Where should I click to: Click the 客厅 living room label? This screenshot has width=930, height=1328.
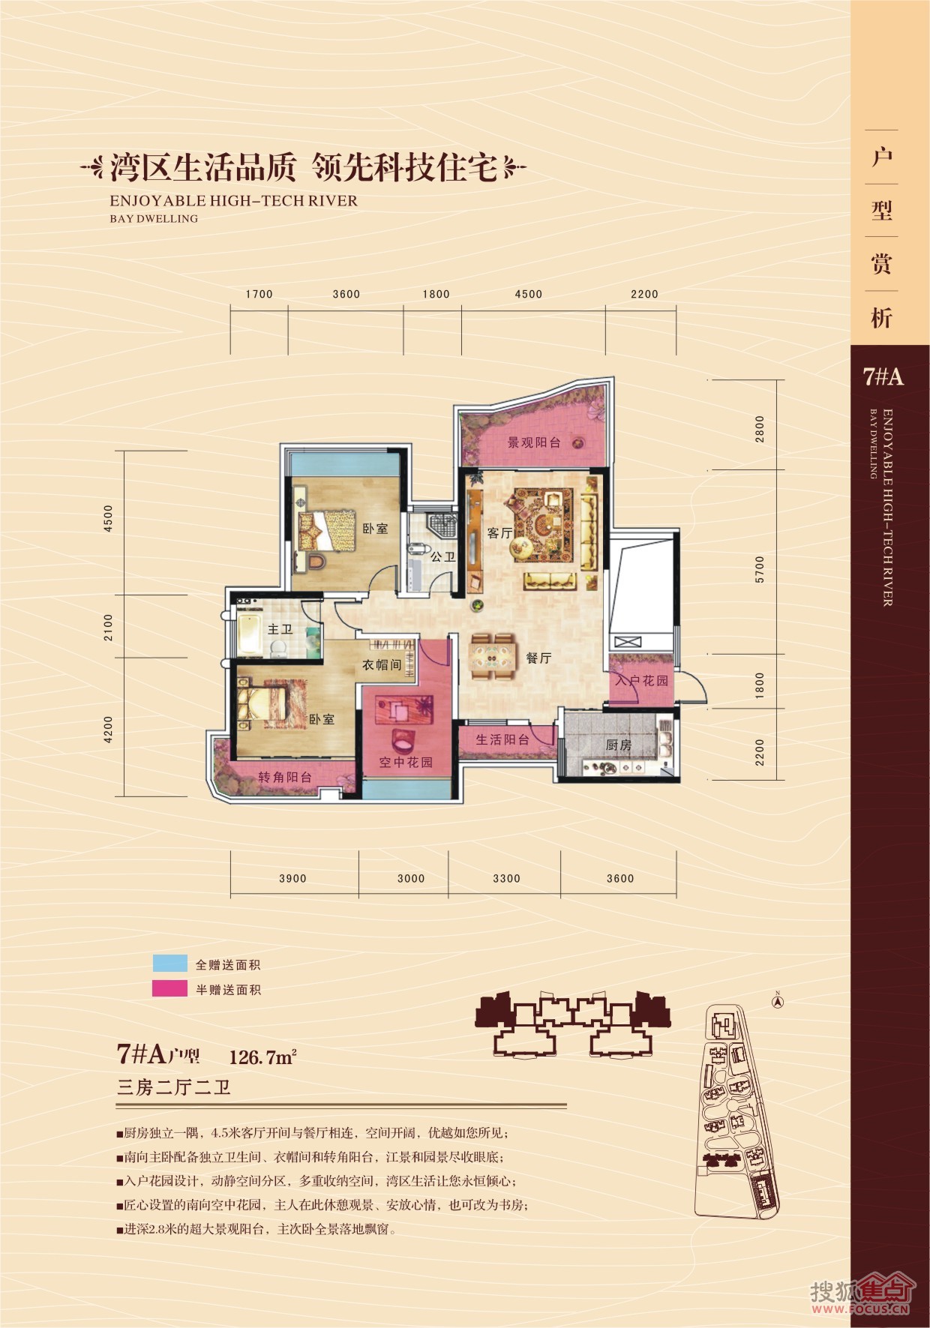click(499, 533)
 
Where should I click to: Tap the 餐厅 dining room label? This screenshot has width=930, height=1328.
click(538, 658)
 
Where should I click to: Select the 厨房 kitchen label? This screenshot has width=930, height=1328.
click(619, 745)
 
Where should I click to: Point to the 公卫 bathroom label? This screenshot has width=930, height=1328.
click(442, 557)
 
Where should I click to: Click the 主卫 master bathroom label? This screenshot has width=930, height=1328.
click(280, 629)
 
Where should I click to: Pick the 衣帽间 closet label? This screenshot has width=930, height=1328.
click(382, 665)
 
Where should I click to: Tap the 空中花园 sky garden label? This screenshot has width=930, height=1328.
click(405, 763)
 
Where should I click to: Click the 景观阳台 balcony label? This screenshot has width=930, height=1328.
click(534, 442)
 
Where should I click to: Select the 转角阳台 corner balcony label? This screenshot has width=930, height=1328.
click(285, 778)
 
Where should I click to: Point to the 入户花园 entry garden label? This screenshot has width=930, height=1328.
click(641, 681)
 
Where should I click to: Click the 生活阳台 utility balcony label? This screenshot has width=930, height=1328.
click(502, 740)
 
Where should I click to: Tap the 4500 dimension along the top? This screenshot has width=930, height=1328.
click(528, 294)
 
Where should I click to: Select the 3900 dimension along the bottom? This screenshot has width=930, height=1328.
click(292, 878)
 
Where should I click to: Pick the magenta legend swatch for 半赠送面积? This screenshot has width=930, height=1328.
click(169, 989)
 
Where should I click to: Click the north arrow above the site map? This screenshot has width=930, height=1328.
click(778, 997)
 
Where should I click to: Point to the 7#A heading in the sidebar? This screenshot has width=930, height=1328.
click(883, 376)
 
